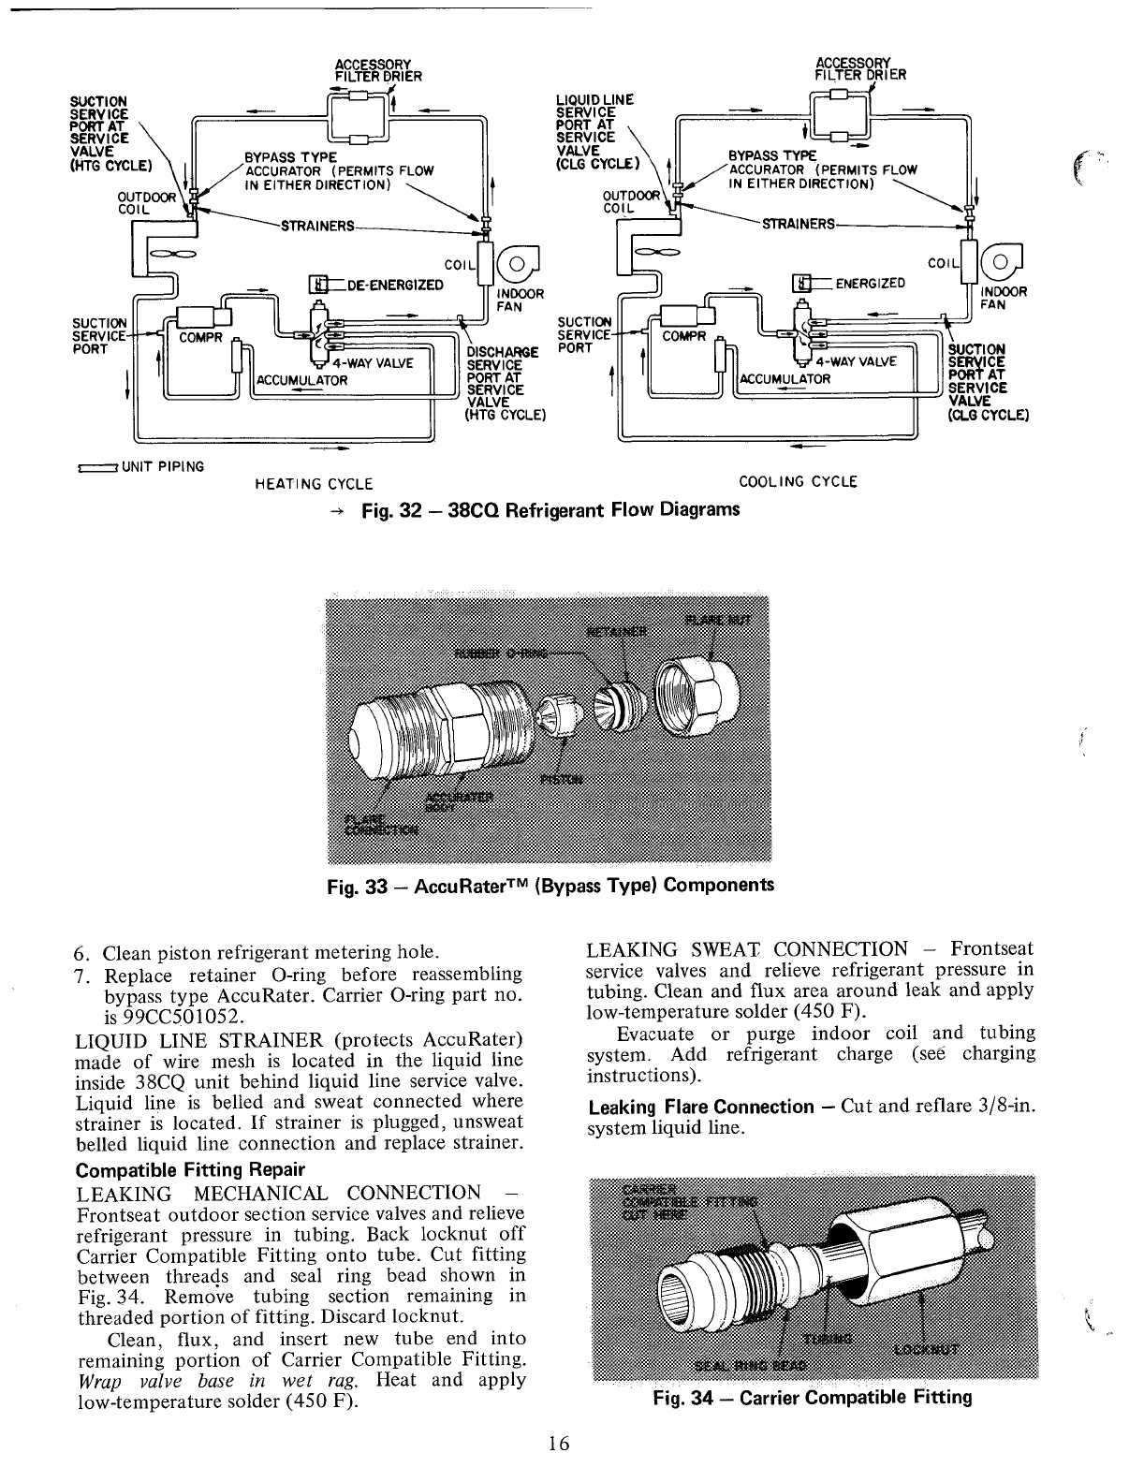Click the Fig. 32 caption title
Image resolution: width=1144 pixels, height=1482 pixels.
(x=550, y=509)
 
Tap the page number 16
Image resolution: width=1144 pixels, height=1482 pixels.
(x=560, y=1443)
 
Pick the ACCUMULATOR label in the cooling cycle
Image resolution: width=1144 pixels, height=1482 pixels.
(x=785, y=379)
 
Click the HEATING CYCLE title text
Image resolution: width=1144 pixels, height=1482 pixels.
(x=314, y=484)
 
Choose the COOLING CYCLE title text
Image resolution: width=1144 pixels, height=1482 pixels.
(x=798, y=482)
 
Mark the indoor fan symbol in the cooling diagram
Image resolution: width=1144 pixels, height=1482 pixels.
(x=1007, y=263)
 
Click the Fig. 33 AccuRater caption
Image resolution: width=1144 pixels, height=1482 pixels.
(x=549, y=885)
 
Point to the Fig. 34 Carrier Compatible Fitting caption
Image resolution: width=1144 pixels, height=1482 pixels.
(x=812, y=1398)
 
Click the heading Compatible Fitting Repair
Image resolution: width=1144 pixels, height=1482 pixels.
(x=189, y=1170)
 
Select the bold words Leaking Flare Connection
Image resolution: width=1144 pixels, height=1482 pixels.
(x=701, y=1107)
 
